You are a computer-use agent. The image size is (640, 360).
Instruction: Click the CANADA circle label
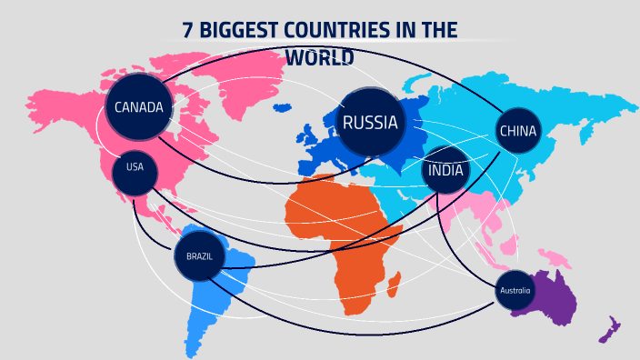tap(138, 107)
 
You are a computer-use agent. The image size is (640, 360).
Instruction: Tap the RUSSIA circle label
tap(370, 123)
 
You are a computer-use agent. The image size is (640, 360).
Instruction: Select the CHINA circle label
tap(518, 132)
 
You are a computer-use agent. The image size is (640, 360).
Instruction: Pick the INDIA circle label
tap(446, 170)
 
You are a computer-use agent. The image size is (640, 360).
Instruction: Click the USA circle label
tap(135, 167)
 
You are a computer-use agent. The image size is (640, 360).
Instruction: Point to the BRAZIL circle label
tap(199, 257)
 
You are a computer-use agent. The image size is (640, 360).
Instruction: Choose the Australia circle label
tap(515, 291)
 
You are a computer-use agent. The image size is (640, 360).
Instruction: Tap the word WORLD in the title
tap(319, 57)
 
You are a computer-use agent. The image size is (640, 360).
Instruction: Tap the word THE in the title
tap(441, 30)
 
